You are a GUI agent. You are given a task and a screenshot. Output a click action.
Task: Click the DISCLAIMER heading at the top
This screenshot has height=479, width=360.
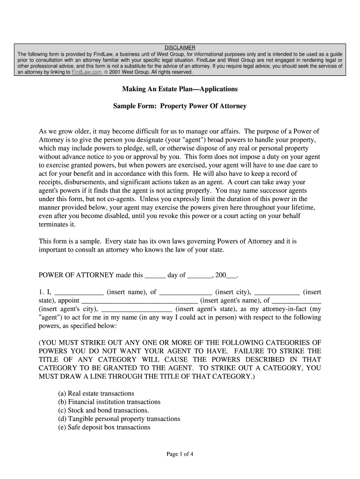click(x=180, y=48)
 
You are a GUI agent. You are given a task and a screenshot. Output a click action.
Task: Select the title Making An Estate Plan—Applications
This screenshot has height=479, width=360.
click(x=180, y=89)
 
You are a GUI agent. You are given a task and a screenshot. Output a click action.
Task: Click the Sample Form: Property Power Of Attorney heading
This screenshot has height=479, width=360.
click(x=180, y=106)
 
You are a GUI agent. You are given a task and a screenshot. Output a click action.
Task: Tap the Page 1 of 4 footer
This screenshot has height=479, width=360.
click(x=180, y=454)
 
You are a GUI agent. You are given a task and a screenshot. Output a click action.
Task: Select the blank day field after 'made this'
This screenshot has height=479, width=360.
click(x=155, y=276)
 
